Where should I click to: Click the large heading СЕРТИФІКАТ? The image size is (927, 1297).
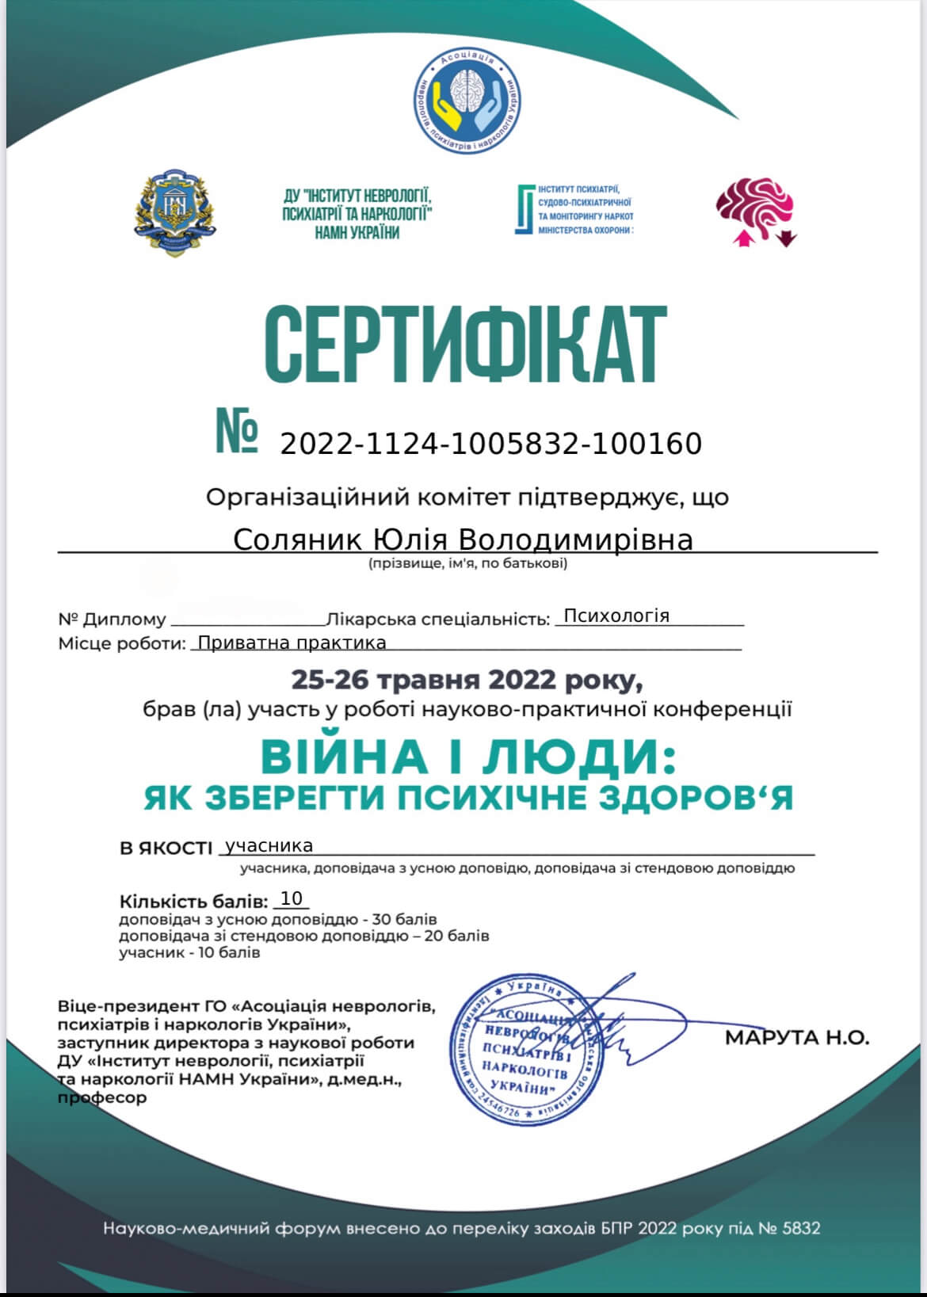pyautogui.click(x=464, y=345)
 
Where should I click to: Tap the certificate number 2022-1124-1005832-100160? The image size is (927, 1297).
pyautogui.click(x=491, y=444)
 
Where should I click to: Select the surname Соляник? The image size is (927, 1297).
pyautogui.click(x=297, y=540)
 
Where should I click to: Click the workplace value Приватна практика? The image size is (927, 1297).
pyautogui.click(x=292, y=643)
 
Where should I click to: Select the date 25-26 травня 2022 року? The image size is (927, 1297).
pyautogui.click(x=467, y=680)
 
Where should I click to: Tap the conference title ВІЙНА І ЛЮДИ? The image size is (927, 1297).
pyautogui.click(x=468, y=756)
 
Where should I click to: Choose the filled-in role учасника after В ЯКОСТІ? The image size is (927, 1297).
pyautogui.click(x=269, y=846)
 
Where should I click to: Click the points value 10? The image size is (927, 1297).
pyautogui.click(x=292, y=898)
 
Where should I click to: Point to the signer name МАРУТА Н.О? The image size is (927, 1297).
pyautogui.click(x=796, y=1037)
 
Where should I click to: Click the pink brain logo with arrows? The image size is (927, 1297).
pyautogui.click(x=756, y=211)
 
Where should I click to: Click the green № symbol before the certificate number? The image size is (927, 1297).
pyautogui.click(x=237, y=433)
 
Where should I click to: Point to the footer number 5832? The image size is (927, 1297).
pyautogui.click(x=801, y=1229)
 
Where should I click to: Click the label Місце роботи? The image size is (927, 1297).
pyautogui.click(x=120, y=643)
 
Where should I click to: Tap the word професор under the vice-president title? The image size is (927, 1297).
pyautogui.click(x=102, y=1098)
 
